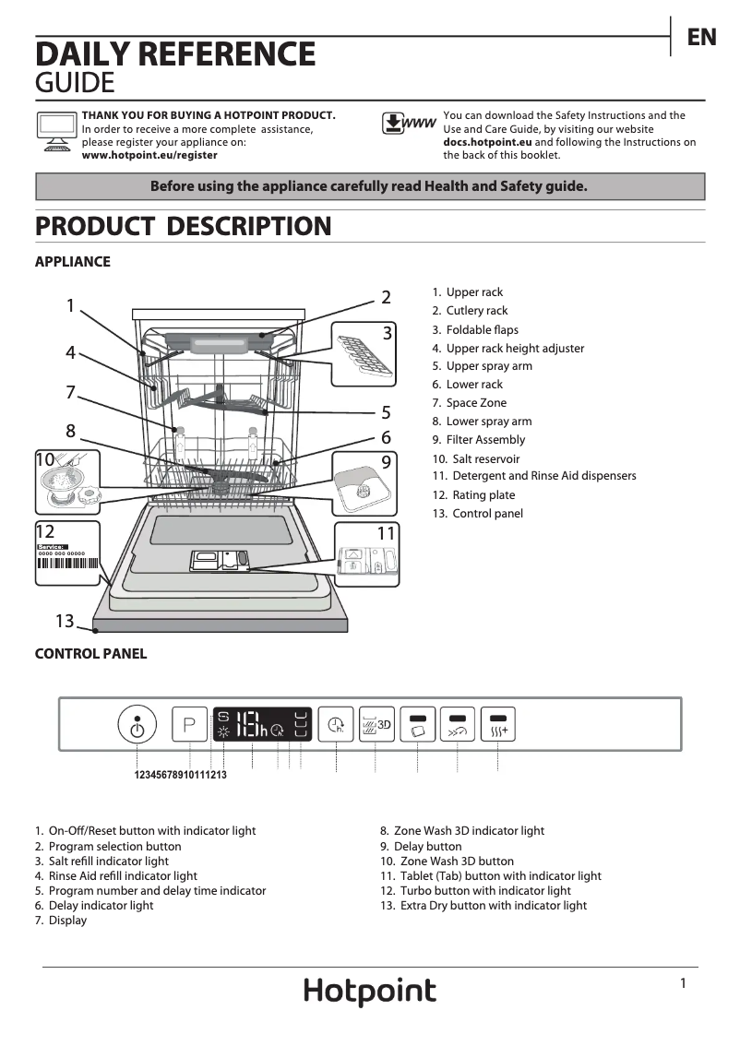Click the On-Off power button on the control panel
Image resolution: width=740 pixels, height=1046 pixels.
pyautogui.click(x=137, y=726)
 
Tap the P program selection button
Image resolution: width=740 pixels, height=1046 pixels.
pyautogui.click(x=189, y=724)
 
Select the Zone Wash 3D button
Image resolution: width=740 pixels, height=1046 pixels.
pyautogui.click(x=376, y=724)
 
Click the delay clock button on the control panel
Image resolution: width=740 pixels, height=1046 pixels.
pyautogui.click(x=336, y=724)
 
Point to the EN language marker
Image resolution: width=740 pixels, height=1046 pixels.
pyautogui.click(x=701, y=37)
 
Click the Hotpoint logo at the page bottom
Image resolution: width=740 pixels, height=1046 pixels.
pyautogui.click(x=370, y=992)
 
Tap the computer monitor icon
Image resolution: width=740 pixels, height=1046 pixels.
pyautogui.click(x=56, y=129)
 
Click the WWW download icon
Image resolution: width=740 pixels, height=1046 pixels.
pyautogui.click(x=409, y=124)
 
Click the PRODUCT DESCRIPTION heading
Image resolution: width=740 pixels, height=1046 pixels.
pyautogui.click(x=183, y=226)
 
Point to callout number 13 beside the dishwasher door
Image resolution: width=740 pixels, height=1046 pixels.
pyautogui.click(x=64, y=622)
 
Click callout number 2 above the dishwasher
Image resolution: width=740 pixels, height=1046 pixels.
pyautogui.click(x=386, y=297)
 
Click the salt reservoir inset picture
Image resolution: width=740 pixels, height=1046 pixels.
pyautogui.click(x=67, y=482)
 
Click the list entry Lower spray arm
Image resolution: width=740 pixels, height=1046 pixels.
pyautogui.click(x=488, y=422)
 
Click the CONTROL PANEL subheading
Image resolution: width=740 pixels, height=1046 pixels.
pyautogui.click(x=90, y=654)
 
